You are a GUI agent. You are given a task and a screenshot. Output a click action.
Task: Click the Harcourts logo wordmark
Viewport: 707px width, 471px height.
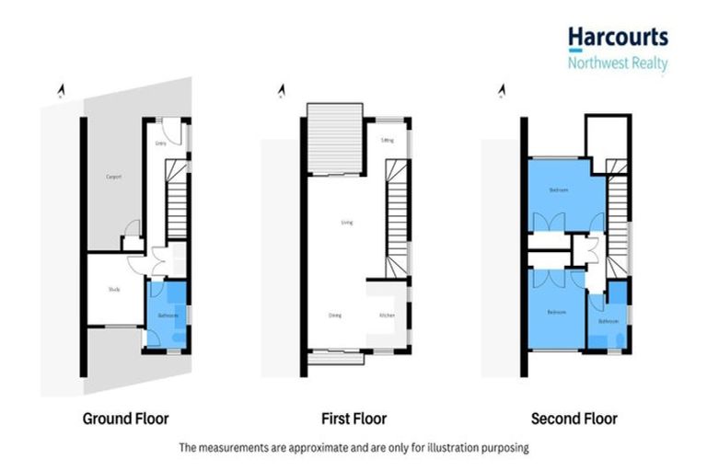617,38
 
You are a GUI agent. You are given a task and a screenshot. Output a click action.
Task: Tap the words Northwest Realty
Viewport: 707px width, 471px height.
617,63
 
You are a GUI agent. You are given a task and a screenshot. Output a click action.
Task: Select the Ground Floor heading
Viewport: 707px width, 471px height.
126,419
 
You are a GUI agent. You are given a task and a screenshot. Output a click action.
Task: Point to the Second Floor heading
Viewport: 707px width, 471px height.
574,419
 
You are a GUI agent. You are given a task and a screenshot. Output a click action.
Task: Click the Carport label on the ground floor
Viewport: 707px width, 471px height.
114,177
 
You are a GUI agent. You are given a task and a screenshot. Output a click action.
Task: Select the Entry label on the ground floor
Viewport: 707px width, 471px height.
160,144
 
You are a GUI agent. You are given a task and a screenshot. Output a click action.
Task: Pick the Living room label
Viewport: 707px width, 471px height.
347,222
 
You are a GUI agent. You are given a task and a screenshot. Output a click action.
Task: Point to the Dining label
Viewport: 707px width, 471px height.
335,316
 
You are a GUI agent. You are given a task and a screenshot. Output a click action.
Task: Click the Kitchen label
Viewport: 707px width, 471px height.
387,316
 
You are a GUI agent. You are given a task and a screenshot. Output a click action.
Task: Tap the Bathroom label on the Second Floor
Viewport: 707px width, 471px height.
608,321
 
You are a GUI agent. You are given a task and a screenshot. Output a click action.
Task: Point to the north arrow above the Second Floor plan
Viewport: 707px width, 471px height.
502,90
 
